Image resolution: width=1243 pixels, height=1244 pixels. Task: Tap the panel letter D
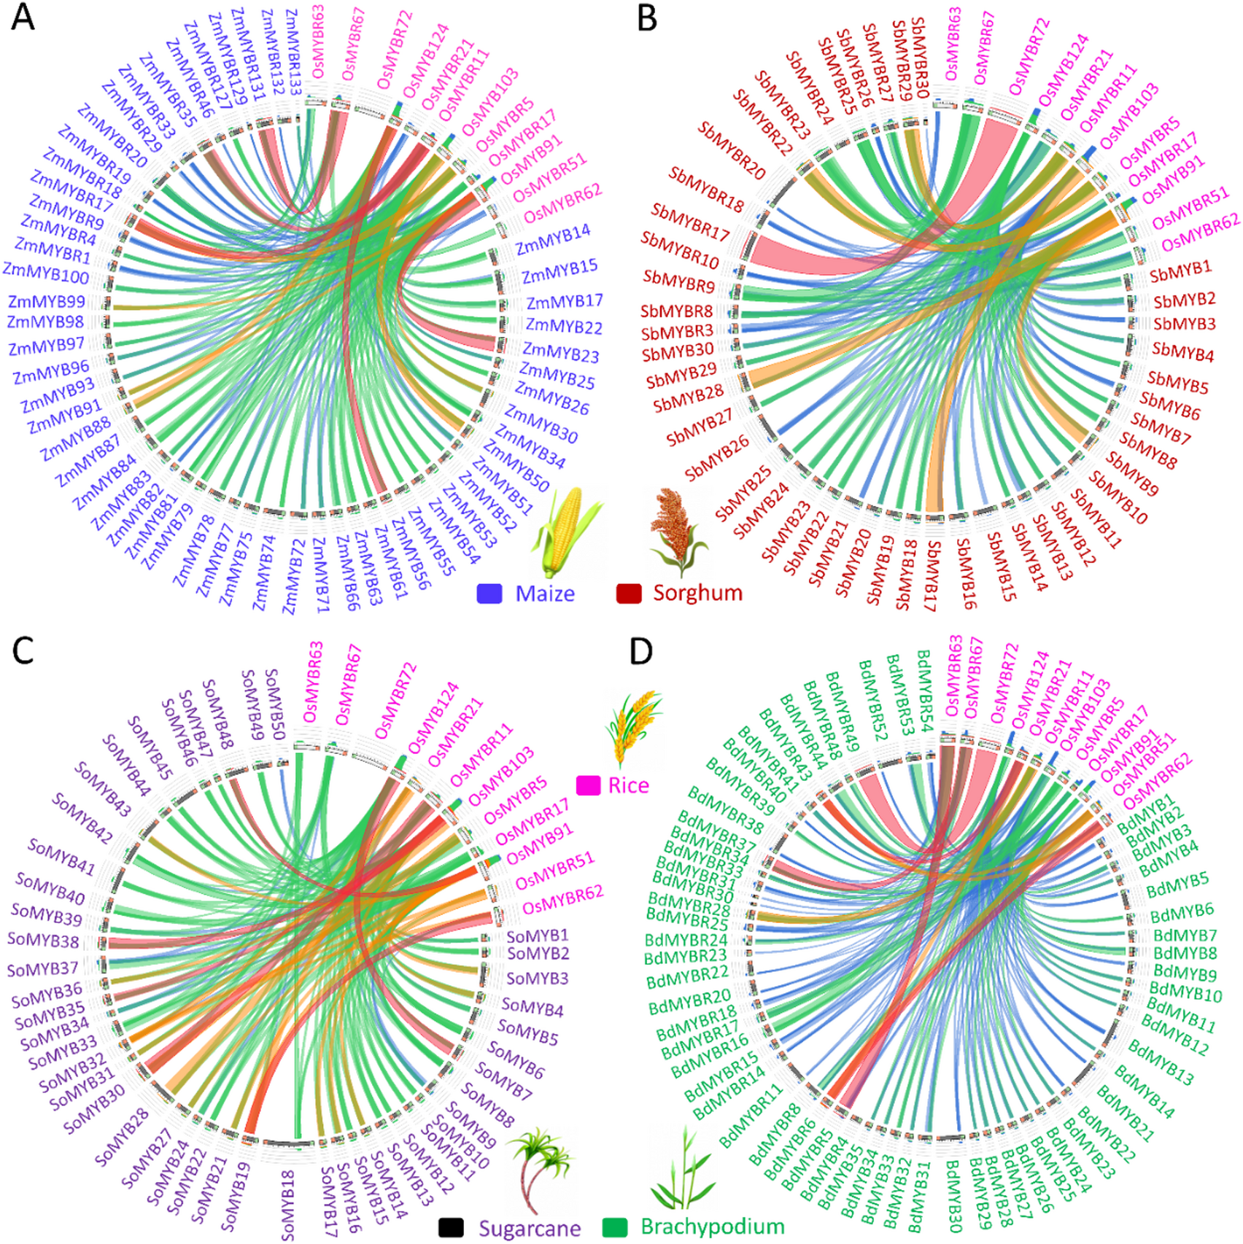640,651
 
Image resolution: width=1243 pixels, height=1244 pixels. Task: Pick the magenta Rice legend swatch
588,785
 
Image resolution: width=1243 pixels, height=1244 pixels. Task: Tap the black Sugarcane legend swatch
451,1228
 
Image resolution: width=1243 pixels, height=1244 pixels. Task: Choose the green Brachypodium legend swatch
614,1228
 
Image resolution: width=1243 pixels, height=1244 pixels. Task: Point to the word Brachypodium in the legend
712,1227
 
